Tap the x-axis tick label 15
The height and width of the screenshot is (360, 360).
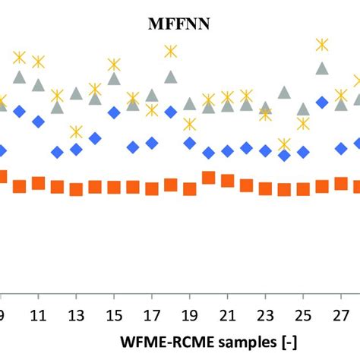click(x=113, y=314)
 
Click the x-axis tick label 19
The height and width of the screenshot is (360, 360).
click(x=189, y=314)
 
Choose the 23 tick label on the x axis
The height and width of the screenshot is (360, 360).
click(x=265, y=314)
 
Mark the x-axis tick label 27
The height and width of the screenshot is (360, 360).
click(x=340, y=314)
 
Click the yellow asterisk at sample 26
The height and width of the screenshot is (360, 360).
click(x=322, y=45)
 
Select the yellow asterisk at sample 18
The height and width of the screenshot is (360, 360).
click(x=171, y=52)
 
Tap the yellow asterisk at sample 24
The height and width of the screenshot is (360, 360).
click(x=284, y=144)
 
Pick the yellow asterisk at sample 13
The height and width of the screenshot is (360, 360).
click(x=76, y=131)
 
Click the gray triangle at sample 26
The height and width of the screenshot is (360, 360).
click(x=322, y=68)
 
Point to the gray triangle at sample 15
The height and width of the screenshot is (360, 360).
click(x=114, y=78)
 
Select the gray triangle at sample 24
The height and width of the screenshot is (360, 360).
click(x=284, y=92)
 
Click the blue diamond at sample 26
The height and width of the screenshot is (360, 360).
click(x=322, y=101)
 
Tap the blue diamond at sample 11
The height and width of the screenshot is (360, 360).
click(x=38, y=121)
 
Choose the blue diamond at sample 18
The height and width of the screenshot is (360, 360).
click(x=171, y=112)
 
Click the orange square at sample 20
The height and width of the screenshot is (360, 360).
click(x=208, y=178)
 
